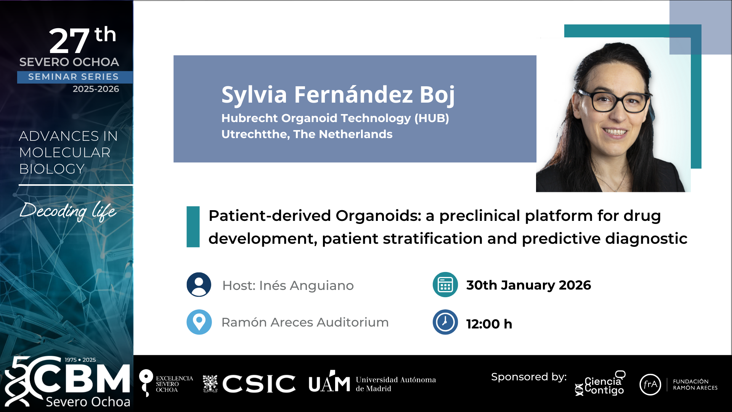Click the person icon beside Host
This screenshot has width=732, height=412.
[x=199, y=285]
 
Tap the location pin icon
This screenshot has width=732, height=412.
[x=199, y=322]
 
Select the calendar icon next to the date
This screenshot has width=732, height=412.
[x=445, y=285]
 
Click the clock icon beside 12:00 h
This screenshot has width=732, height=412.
[x=445, y=322]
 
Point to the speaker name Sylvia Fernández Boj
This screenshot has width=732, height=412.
[x=338, y=95]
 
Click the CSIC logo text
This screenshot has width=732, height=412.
[x=259, y=383]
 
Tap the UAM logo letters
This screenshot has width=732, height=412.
[x=329, y=382]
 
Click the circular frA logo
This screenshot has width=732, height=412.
[x=650, y=384]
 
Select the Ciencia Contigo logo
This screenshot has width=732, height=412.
[x=600, y=383]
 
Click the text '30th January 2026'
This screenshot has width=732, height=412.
[x=528, y=285]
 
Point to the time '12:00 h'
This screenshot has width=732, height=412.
[x=489, y=324]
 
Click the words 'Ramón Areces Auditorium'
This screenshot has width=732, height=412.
[x=305, y=322]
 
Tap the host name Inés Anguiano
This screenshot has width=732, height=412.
[x=307, y=285]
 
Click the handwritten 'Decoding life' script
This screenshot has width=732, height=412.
[x=68, y=211]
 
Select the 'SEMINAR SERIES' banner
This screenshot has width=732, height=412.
[x=74, y=77]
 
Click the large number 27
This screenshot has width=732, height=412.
[x=69, y=41]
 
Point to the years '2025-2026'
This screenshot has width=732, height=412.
[x=96, y=89]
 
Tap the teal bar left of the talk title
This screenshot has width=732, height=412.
[x=193, y=227]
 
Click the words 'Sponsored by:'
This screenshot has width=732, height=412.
[x=529, y=377]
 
